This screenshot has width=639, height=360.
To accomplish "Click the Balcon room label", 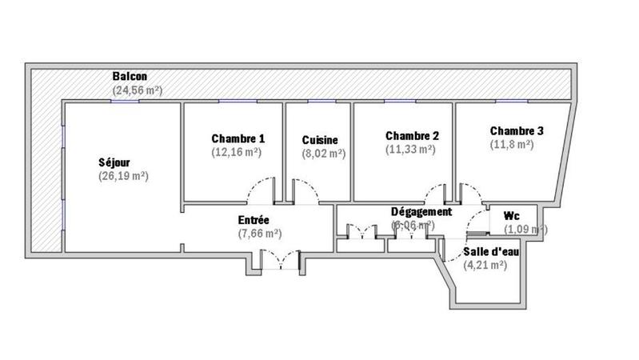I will [130, 76].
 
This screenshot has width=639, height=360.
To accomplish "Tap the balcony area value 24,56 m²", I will [138, 90].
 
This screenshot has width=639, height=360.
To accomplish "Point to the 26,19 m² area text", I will [123, 176].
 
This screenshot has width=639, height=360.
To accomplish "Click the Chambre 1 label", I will [238, 138].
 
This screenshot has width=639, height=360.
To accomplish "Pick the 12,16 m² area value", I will [237, 151].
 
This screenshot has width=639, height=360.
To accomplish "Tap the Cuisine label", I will [320, 139].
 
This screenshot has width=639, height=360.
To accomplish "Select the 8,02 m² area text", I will [323, 153].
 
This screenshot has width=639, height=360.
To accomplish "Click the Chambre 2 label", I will [412, 135].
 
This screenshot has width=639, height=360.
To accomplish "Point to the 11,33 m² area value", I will [411, 149].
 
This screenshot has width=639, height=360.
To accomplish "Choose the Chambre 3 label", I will [517, 131].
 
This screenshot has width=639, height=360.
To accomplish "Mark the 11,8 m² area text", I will [512, 145].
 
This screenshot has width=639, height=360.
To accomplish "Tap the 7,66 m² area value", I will [260, 234].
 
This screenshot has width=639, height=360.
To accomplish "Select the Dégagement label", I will [421, 212].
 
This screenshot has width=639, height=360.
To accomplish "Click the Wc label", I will [512, 217].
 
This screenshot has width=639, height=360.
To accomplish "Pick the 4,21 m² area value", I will [485, 265].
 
